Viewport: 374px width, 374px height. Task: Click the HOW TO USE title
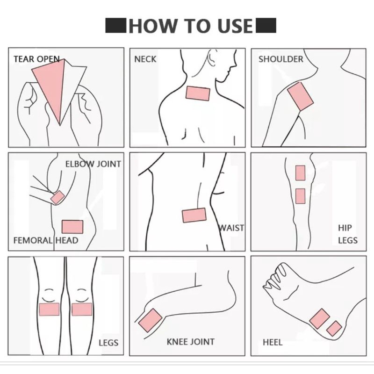point(191,26)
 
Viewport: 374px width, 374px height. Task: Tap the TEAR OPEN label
point(36,59)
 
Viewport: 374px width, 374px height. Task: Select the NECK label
point(145,59)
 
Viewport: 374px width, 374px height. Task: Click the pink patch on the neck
point(198,93)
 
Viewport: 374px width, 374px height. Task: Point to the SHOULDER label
point(281,59)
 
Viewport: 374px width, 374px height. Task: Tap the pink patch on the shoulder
point(300,96)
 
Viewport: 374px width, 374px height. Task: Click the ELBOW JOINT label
point(93,164)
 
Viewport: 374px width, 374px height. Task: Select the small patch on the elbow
point(58,197)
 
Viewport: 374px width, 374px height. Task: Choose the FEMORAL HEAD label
point(46,240)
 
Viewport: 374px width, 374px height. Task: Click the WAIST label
point(231,228)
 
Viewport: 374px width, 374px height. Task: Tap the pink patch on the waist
point(194,215)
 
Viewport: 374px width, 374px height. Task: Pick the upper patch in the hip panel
point(300,173)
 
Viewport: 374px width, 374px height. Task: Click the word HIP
point(345,228)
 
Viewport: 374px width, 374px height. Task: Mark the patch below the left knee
point(49,309)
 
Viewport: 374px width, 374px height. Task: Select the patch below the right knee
point(82,309)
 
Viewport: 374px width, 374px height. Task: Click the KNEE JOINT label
point(190,342)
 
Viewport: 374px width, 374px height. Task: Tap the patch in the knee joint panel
point(150,320)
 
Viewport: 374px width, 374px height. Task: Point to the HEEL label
point(273,343)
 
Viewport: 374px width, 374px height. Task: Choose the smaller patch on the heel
point(334,329)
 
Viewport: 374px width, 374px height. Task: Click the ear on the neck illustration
point(211,58)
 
